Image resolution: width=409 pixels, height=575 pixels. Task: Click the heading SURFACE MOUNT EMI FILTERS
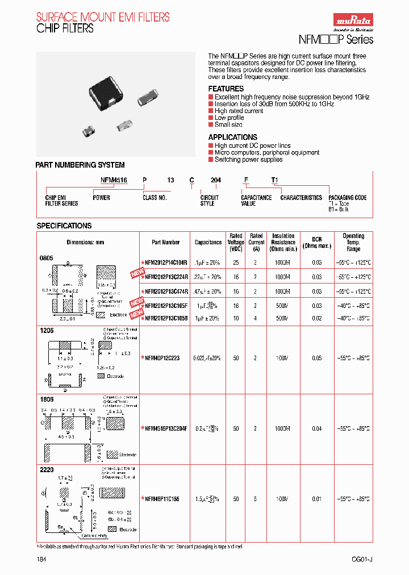tap(102, 17)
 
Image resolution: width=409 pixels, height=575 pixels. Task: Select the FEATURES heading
tap(226, 89)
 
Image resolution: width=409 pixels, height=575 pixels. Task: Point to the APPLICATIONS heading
tap(232, 137)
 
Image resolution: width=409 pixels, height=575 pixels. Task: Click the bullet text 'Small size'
tap(228, 124)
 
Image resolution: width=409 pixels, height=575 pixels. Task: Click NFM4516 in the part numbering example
tap(114, 180)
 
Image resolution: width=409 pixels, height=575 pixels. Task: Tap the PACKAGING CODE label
tap(347, 198)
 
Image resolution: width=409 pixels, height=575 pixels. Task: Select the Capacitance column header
tap(208, 242)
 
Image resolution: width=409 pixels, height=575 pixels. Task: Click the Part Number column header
tap(166, 242)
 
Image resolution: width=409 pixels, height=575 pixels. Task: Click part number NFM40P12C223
tap(162, 359)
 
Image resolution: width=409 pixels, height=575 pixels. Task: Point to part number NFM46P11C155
tap(162, 499)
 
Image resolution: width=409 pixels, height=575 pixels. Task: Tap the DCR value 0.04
tap(316, 429)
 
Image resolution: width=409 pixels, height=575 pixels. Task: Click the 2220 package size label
tap(46, 470)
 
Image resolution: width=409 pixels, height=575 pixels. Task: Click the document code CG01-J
tap(362, 560)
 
